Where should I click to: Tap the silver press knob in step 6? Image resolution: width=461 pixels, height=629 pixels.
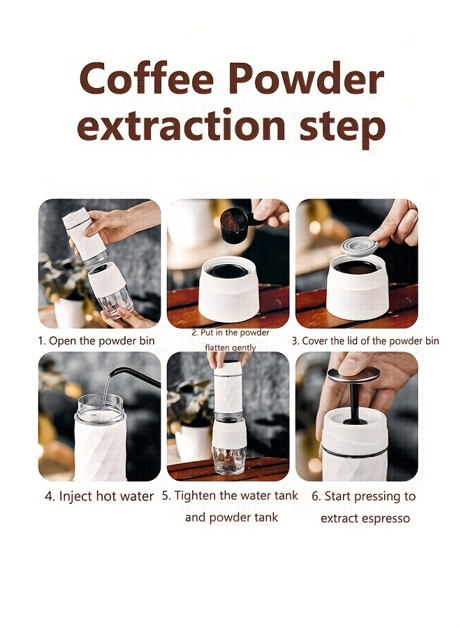(353, 375)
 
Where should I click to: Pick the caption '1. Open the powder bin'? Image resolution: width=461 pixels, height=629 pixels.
(96, 341)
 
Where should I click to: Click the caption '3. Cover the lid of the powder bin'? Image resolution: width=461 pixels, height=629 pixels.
(365, 341)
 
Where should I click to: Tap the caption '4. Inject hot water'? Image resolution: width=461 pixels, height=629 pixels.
(99, 496)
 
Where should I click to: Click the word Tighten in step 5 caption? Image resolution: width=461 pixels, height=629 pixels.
(196, 496)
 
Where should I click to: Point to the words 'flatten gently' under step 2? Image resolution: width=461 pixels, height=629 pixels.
(230, 347)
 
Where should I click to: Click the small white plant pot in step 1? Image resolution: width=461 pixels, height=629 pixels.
(70, 312)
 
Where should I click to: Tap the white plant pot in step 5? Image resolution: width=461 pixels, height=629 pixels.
(192, 442)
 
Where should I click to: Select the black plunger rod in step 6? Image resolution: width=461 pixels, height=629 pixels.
(353, 402)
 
